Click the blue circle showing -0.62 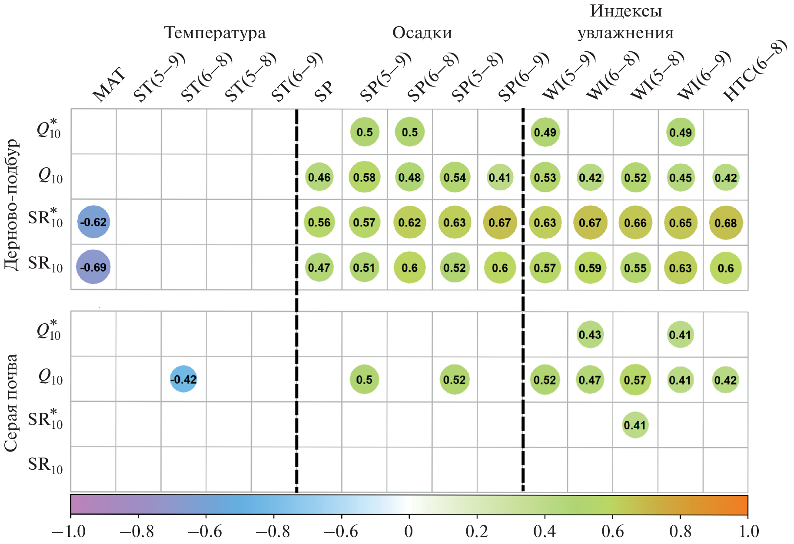coord(93,222)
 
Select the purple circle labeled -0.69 coord(93,267)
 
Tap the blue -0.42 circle coord(183,379)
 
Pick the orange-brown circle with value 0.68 coord(725,223)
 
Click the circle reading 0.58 coord(364,177)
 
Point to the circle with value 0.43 coord(590,335)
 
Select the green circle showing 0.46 coord(319,177)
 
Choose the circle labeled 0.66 coord(635,223)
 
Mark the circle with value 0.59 coord(590,268)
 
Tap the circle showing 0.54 coord(455,177)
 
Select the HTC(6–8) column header coord(754,72)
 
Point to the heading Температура coord(215,33)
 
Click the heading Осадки coord(422,33)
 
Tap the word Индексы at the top coord(625,11)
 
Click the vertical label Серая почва coord(11,402)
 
